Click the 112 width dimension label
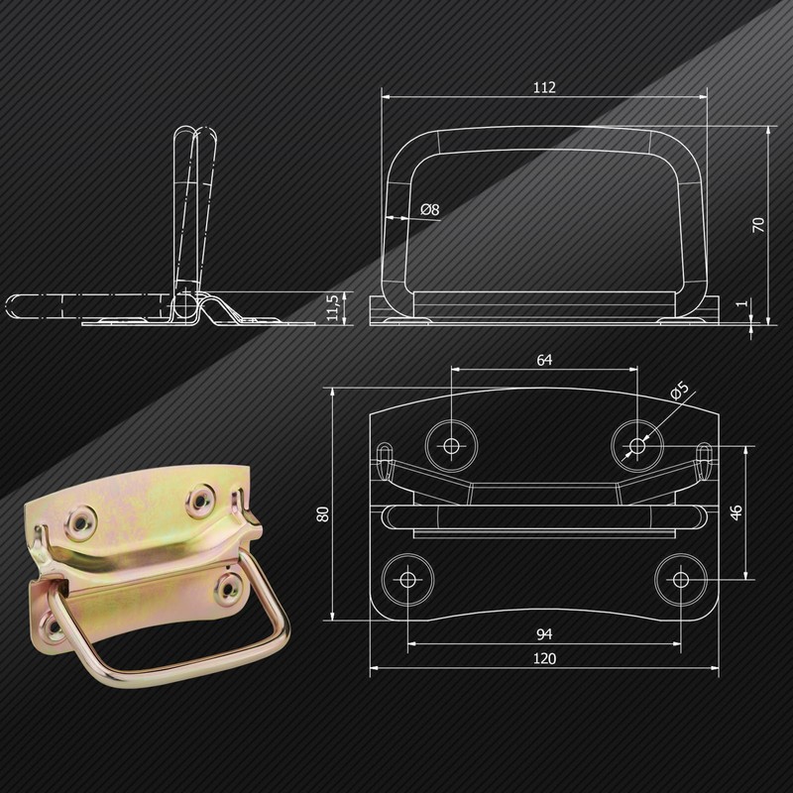[543, 87]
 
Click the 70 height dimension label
[759, 223]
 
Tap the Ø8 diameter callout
[429, 209]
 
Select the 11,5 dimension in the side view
[333, 307]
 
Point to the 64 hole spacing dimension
[544, 360]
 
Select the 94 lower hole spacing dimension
[544, 631]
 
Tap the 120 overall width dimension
[544, 659]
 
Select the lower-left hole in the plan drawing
[407, 580]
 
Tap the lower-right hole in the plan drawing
[680, 580]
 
